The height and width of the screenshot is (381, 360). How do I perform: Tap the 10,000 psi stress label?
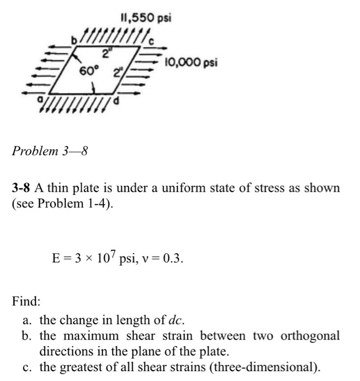(x=193, y=63)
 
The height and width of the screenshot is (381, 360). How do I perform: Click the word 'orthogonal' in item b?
(x=310, y=335)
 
